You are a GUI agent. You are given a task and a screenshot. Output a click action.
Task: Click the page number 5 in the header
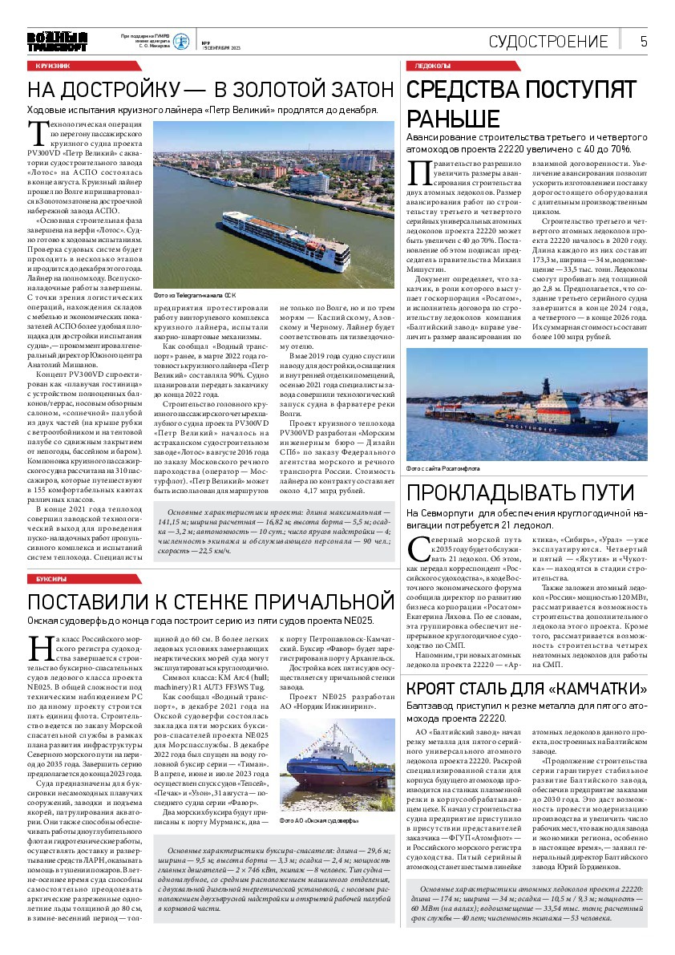click(x=644, y=42)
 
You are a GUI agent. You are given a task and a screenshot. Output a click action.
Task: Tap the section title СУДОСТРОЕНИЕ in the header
click(x=548, y=42)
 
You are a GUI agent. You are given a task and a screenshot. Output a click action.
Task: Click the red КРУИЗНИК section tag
click(x=53, y=65)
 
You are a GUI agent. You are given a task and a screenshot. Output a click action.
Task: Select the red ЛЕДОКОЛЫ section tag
click(x=434, y=65)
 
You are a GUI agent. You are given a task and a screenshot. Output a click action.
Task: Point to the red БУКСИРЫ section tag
click(x=51, y=578)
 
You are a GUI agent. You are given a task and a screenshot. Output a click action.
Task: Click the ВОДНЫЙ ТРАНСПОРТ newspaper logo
click(x=56, y=42)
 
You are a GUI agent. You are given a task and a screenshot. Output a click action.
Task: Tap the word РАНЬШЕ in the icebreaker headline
click(x=454, y=119)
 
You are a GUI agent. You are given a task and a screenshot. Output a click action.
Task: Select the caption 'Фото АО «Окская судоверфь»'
click(x=318, y=822)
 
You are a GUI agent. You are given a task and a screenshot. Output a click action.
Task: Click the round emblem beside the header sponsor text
click(x=183, y=42)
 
